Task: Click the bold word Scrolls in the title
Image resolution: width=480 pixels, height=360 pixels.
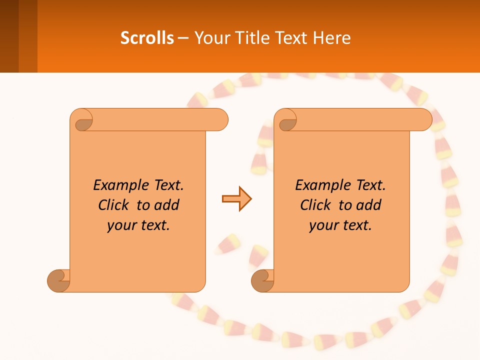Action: point(147,38)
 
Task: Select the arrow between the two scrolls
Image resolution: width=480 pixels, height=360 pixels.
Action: point(236,199)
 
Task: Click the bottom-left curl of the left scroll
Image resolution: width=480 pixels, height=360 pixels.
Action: point(58,280)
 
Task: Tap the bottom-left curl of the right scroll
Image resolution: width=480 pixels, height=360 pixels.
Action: point(262,280)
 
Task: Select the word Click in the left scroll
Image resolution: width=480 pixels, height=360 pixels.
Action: point(114,205)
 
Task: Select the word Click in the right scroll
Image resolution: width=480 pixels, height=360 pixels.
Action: point(315,205)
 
